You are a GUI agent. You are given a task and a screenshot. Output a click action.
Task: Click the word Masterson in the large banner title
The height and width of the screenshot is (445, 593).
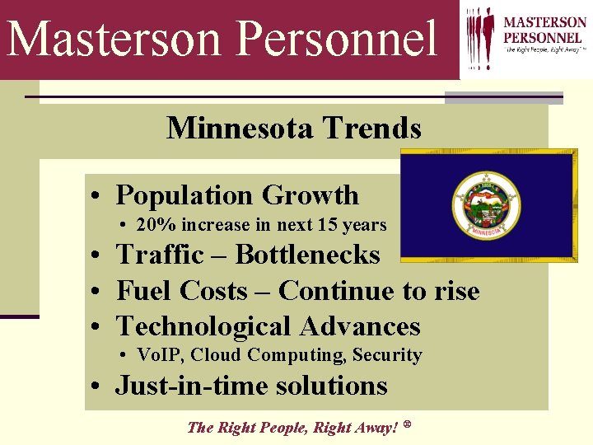point(114,40)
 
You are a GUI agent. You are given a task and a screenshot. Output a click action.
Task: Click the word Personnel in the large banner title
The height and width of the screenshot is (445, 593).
point(339,40)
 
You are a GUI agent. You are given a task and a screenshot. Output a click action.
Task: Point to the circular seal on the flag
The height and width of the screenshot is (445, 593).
point(487,204)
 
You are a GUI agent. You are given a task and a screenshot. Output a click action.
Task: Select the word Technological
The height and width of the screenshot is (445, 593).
point(204,326)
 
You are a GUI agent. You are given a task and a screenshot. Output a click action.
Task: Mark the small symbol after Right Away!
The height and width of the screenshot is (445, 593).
point(408,424)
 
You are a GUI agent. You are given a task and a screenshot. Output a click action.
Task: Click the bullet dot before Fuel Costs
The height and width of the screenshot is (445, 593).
point(97,293)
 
